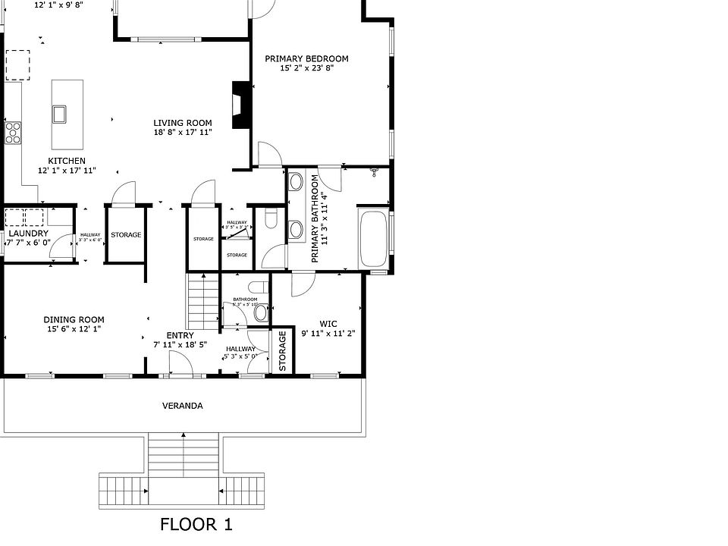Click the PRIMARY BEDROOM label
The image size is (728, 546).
306,58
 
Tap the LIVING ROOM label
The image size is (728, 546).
183,123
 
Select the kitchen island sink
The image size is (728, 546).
60,114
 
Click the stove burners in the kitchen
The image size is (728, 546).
13,133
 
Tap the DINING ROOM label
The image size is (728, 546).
74,319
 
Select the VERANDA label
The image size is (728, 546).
183,406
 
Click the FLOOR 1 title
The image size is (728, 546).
196,524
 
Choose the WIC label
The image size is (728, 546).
328,323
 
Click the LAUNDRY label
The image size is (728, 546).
29,233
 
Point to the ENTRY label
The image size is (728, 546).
180,335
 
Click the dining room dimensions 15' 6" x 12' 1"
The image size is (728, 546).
74,329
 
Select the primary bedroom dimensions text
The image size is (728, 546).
306,68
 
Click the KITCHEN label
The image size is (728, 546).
67,161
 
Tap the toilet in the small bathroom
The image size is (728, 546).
261,312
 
